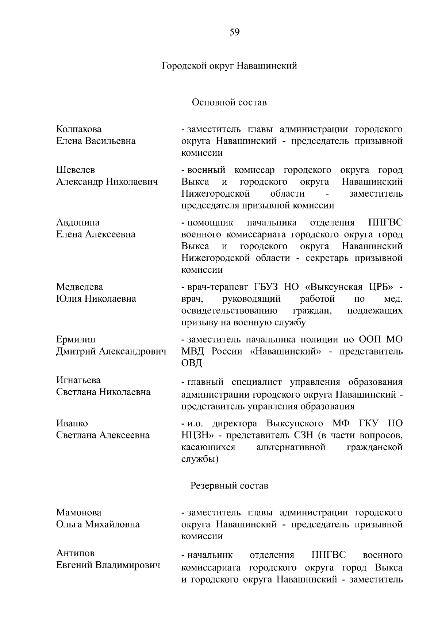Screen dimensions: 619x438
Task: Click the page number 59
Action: click(x=235, y=32)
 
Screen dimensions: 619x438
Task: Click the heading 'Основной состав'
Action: click(x=229, y=102)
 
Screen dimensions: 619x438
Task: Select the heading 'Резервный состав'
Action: click(x=229, y=486)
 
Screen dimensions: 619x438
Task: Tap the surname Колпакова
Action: click(x=79, y=129)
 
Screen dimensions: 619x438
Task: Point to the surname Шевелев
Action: click(x=76, y=170)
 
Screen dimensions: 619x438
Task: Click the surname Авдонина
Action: click(x=78, y=223)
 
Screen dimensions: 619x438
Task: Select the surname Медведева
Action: click(x=80, y=287)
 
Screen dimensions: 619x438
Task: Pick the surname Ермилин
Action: click(x=76, y=340)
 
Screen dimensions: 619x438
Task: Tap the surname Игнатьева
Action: click(x=78, y=380)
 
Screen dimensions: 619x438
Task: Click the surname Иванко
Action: click(x=72, y=423)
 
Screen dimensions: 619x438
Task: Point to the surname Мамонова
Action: click(x=79, y=512)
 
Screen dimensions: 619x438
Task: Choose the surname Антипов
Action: click(x=75, y=553)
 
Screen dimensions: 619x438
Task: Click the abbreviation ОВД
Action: click(x=191, y=363)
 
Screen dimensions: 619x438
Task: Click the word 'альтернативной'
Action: click(x=291, y=447)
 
